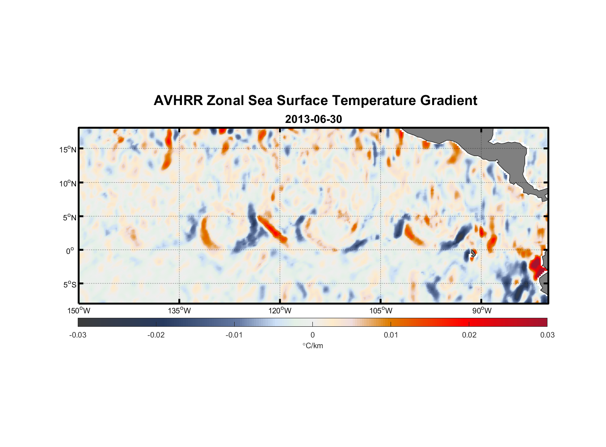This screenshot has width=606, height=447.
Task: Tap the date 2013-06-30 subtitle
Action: click(313, 119)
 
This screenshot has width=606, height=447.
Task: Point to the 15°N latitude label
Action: click(68, 149)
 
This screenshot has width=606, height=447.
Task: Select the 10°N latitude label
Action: click(68, 183)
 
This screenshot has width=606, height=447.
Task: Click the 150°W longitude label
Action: click(79, 311)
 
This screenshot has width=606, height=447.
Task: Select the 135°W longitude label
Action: click(180, 311)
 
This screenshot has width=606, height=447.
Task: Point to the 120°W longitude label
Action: click(280, 311)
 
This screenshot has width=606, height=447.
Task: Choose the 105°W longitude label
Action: click(381, 311)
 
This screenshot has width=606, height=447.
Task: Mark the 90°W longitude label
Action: click(482, 311)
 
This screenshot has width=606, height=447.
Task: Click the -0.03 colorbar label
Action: click(78, 335)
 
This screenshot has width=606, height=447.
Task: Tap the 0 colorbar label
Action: click(312, 335)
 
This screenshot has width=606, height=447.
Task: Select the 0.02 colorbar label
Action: click(469, 335)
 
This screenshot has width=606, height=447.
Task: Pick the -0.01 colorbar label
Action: click(234, 335)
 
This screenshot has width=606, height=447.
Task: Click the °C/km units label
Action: click(312, 346)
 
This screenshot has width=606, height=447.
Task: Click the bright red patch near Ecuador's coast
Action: click(536, 265)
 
